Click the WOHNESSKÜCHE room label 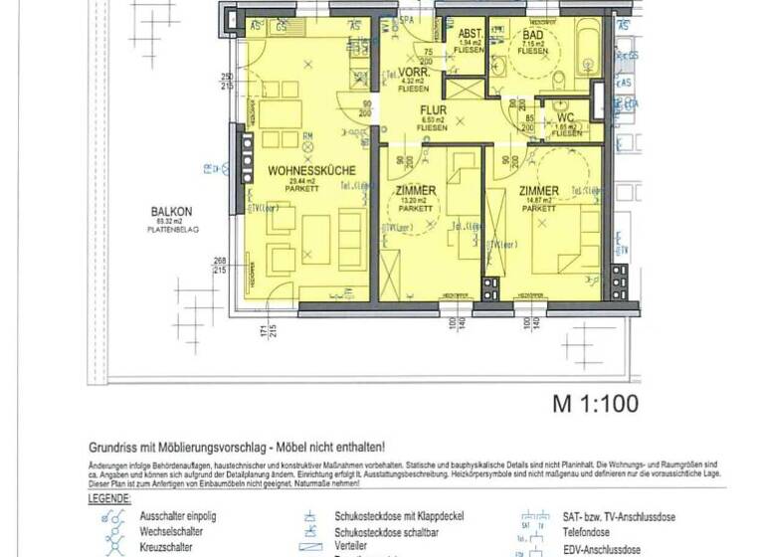click(305, 172)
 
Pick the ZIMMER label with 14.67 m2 click(538, 190)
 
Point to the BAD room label click(532, 34)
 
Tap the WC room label click(566, 117)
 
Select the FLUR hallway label click(432, 112)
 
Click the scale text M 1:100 click(595, 404)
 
